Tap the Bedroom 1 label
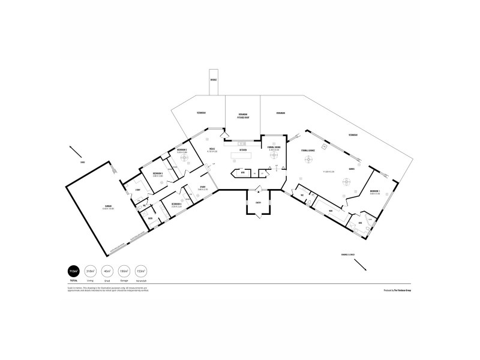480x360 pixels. pyautogui.click(x=376, y=193)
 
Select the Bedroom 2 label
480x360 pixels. pyautogui.click(x=182, y=150)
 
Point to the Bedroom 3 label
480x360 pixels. pyautogui.click(x=158, y=173)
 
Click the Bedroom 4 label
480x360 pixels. pyautogui.click(x=176, y=204)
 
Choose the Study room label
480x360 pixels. pyautogui.click(x=203, y=187)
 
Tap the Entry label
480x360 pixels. pyautogui.click(x=258, y=203)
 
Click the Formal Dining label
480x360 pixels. pyautogui.click(x=274, y=146)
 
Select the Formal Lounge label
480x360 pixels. pyautogui.click(x=308, y=150)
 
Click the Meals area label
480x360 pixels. pyautogui.click(x=212, y=149)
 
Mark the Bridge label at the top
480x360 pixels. pyautogui.click(x=213, y=80)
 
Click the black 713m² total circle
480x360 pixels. pyautogui.click(x=74, y=271)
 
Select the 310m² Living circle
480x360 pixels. pyautogui.click(x=91, y=271)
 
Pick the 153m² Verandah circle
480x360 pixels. pyautogui.click(x=141, y=271)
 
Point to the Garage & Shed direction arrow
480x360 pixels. pyautogui.click(x=364, y=264)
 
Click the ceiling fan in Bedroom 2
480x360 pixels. pyautogui.click(x=183, y=161)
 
